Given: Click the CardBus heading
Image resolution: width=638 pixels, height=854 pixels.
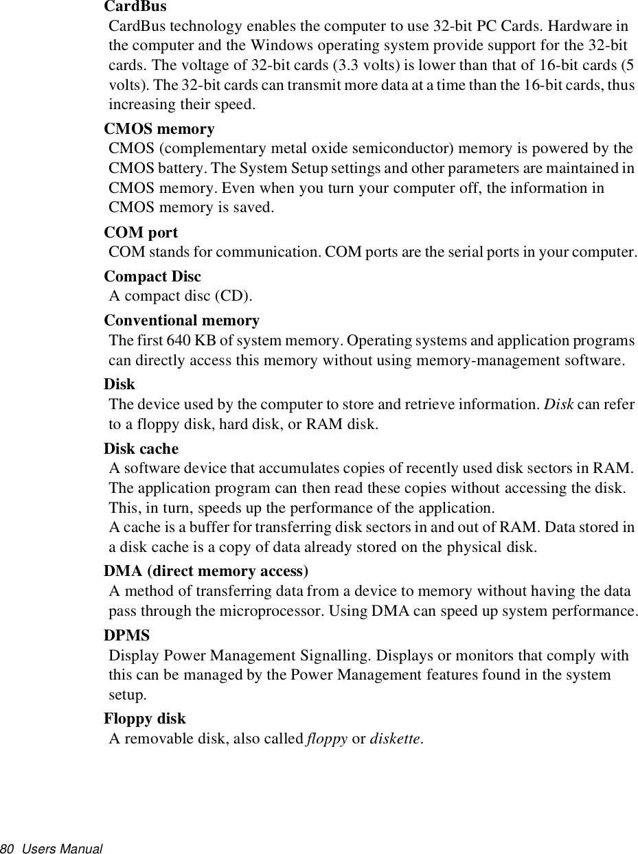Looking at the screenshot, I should pos(135,7).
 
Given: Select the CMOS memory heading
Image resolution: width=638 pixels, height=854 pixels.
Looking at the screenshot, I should pos(159,129).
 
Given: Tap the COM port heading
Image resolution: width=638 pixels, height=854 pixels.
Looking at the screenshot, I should pos(141,233).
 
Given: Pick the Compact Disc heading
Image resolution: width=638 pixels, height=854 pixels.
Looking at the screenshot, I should pos(152,277).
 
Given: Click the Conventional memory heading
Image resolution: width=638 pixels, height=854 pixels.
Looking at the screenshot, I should pos(181,321).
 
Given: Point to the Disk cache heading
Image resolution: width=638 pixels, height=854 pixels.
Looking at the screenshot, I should pos(141,449).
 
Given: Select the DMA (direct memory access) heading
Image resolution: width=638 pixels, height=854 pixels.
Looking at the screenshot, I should pos(205,571).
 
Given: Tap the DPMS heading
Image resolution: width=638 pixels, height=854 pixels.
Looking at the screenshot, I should pos(126,636).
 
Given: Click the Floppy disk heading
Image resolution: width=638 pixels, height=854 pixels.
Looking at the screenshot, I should pos(144,719).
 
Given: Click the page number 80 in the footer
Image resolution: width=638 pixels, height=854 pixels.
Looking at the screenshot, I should pos(8,849).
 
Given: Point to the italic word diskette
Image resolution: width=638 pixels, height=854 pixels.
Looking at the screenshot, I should pos(395,739).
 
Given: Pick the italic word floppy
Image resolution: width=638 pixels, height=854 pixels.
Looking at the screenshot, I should pos(326,739).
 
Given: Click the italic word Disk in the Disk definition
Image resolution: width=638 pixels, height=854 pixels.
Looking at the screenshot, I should pos(559,404).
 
